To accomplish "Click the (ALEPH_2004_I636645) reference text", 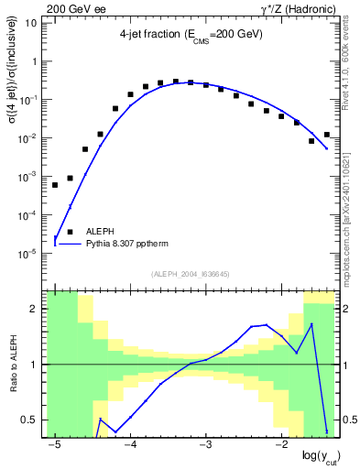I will pyautogui.click(x=190, y=273).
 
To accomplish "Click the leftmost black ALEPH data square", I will pyautogui.click(x=55, y=185).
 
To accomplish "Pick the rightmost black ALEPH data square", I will pyautogui.click(x=326, y=135).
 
